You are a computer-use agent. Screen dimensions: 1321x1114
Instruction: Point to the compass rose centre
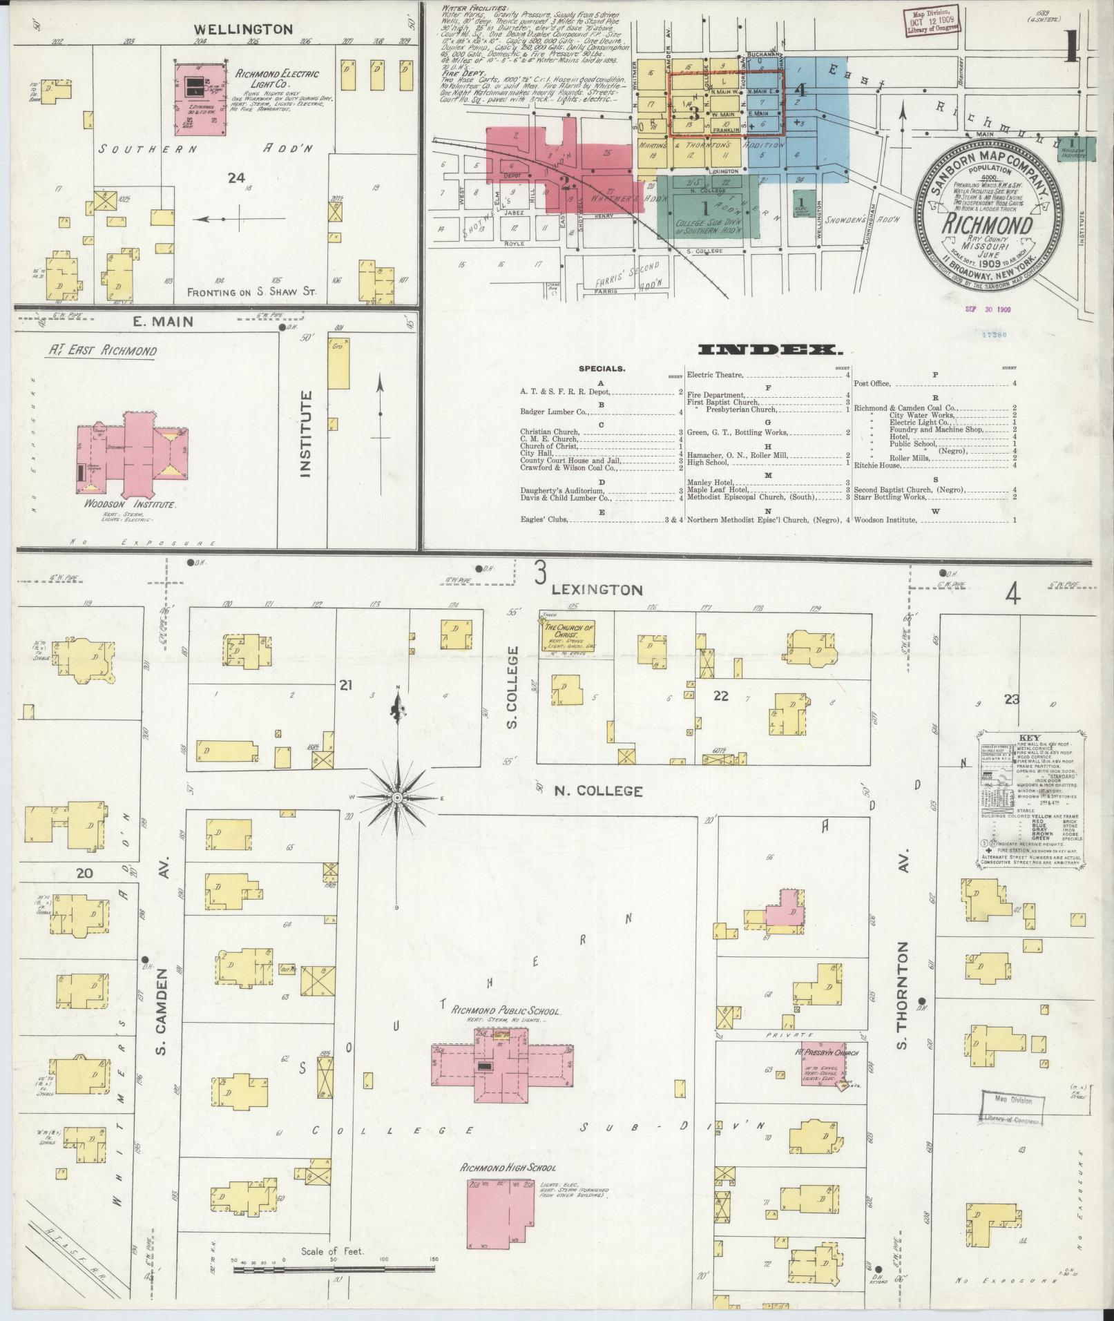[x=397, y=798]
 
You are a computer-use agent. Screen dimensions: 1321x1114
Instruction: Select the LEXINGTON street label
[x=597, y=590]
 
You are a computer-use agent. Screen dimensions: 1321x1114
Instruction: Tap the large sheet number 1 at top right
[x=1072, y=47]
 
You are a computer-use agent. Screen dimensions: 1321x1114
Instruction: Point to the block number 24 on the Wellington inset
[x=236, y=178]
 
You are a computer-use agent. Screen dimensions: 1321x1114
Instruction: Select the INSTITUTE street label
[x=307, y=434]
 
